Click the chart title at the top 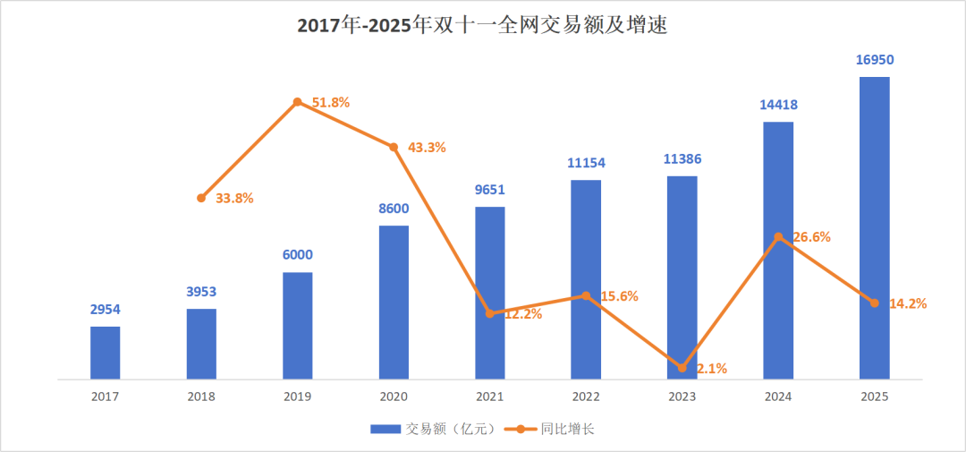coord(482,26)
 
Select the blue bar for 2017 coord(105,353)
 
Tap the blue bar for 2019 coord(297,326)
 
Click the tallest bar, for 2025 coord(874,227)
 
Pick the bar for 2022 coord(586,279)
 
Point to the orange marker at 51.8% coord(297,102)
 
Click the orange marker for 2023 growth coord(682,368)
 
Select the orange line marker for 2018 coord(201,198)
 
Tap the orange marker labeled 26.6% coord(778,237)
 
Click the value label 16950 coord(874,60)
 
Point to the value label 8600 coord(394,209)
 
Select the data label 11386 coord(682,159)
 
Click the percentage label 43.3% coord(427,147)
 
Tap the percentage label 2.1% coord(711,368)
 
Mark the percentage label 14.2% coord(907,303)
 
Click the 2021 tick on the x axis coord(489,396)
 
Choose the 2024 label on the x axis coord(778,396)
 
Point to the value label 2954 coord(105,310)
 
